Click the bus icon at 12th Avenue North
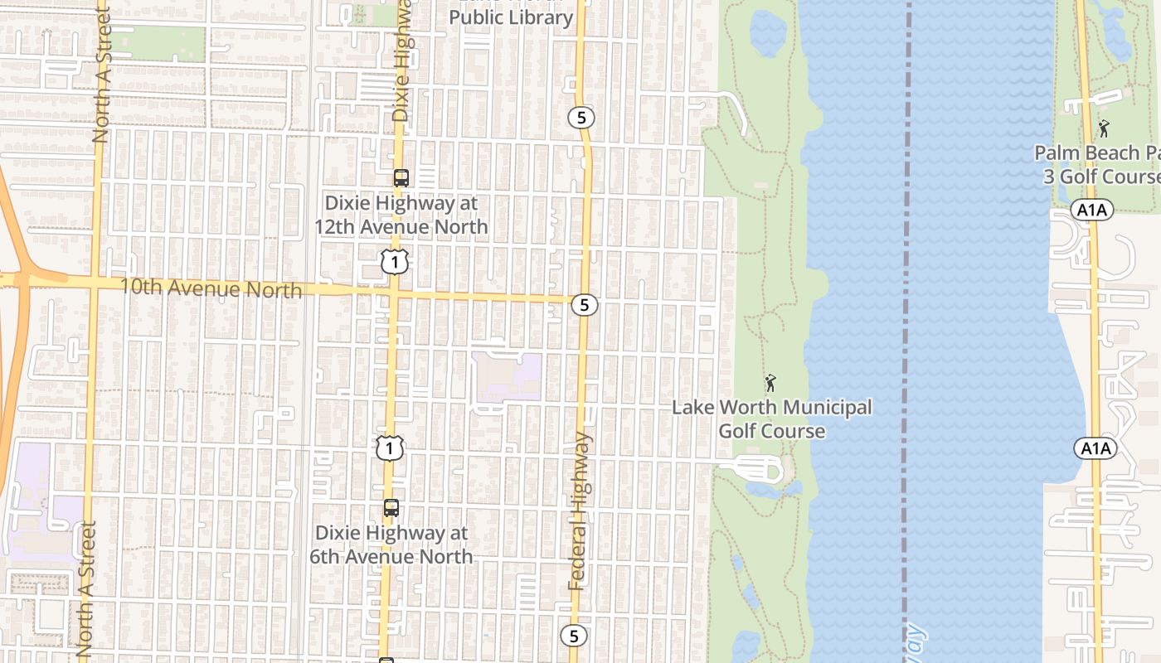pos(401,177)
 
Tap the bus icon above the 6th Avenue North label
pos(391,508)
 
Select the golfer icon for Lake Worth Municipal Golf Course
pos(770,383)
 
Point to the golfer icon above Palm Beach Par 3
pos(1103,128)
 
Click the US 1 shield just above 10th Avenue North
pos(395,263)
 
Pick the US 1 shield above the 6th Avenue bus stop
pos(389,448)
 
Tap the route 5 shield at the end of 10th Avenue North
pos(585,305)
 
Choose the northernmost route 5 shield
pos(581,118)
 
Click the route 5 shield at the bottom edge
pos(573,636)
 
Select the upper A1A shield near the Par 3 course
pos(1092,211)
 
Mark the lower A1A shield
pos(1095,448)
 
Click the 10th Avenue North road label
pos(211,288)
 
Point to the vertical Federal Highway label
pos(580,511)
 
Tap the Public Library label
pos(511,17)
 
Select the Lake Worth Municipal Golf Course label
pos(771,419)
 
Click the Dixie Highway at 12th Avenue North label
pos(401,215)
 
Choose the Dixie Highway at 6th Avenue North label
pos(391,544)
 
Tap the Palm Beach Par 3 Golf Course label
pos(1096,165)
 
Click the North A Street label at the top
pos(101,75)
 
